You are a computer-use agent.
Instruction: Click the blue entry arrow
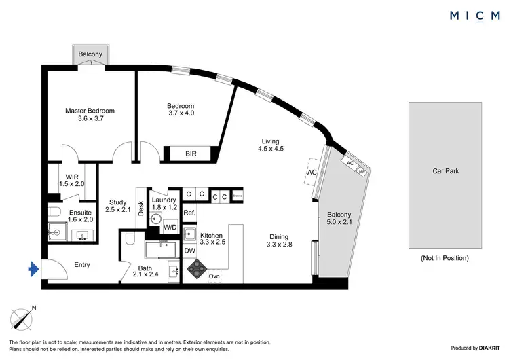pyautogui.click(x=33, y=270)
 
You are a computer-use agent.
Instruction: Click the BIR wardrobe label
pyautogui.click(x=192, y=154)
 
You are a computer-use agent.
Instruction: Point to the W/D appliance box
pyautogui.click(x=170, y=227)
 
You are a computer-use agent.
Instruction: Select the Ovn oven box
pyautogui.click(x=214, y=277)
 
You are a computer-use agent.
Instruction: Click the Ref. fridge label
pyautogui.click(x=189, y=213)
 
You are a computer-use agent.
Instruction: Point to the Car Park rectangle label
pyautogui.click(x=446, y=171)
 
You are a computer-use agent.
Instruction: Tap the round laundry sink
pyautogui.click(x=156, y=219)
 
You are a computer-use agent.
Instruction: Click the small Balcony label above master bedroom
pyautogui.click(x=90, y=54)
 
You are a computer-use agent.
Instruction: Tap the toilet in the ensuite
pyautogui.click(x=54, y=213)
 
